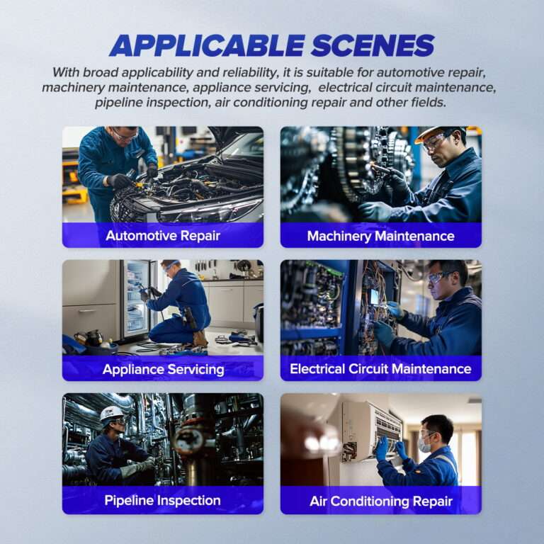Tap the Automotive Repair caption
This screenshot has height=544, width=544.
(x=162, y=236)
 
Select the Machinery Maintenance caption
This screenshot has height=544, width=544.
(x=380, y=236)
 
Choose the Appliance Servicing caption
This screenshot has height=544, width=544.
(x=162, y=369)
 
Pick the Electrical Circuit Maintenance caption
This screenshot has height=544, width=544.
(x=380, y=369)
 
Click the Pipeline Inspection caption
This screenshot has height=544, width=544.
(x=162, y=501)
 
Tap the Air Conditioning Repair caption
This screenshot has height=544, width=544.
(x=380, y=501)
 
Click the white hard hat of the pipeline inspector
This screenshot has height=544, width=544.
(x=111, y=413)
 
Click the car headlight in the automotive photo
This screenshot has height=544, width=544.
(x=205, y=210)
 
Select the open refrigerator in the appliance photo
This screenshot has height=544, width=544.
(x=136, y=297)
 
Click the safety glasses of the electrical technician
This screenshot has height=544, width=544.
(x=440, y=278)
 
